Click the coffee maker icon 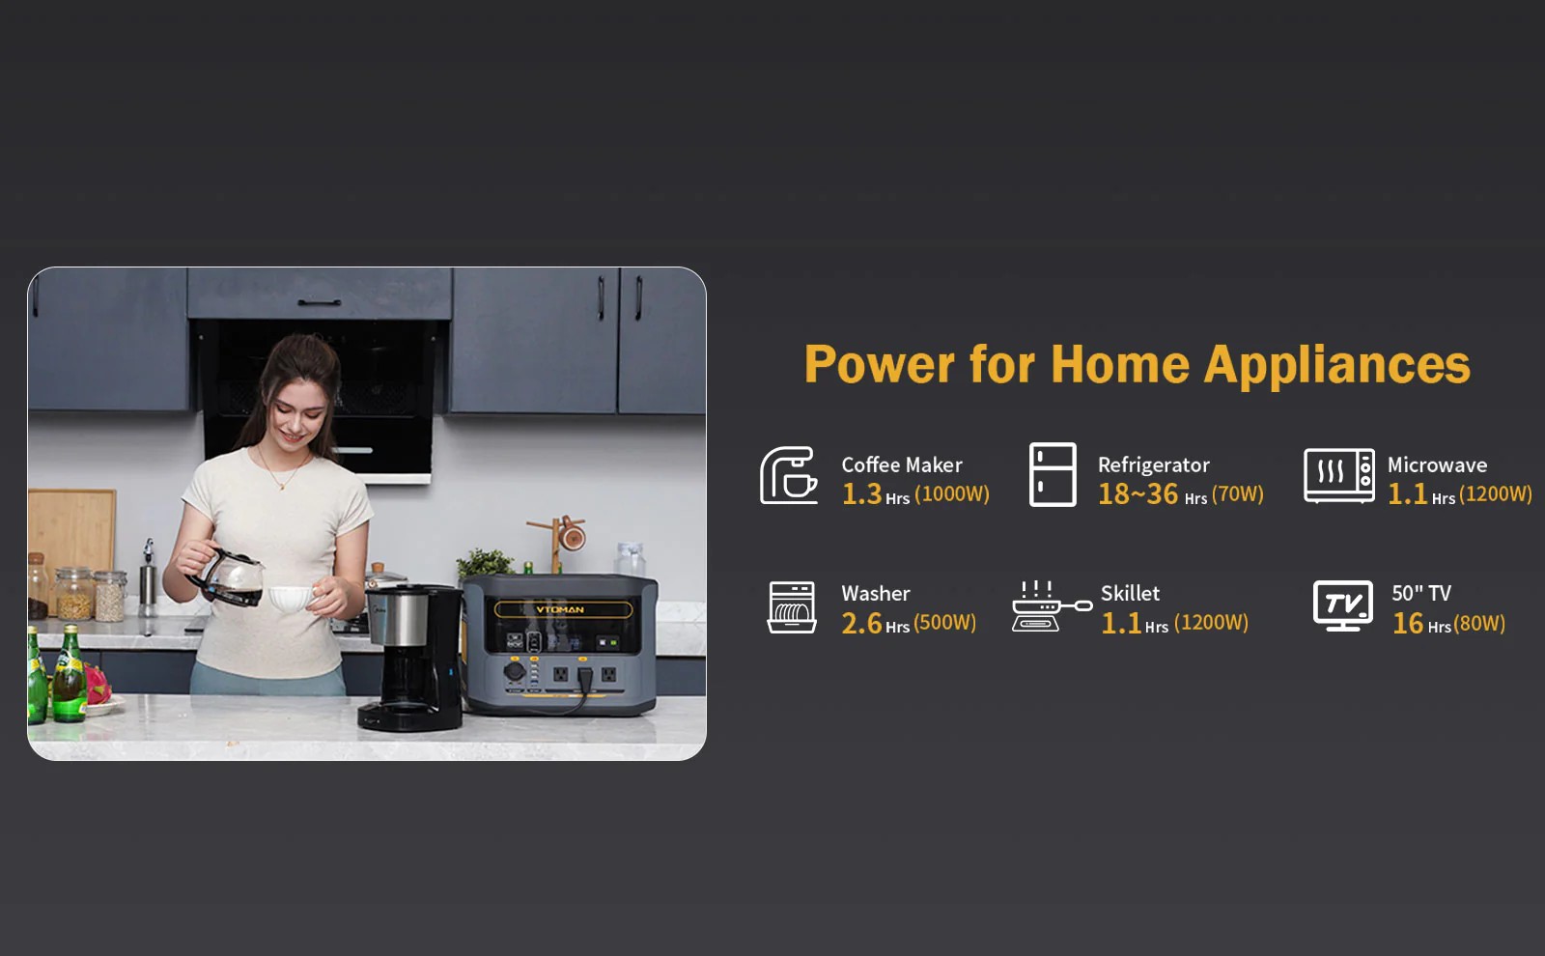tap(788, 475)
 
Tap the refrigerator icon tap(1053, 474)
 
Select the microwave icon tap(1338, 475)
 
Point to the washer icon tap(792, 607)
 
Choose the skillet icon tap(1051, 606)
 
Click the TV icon tap(1343, 605)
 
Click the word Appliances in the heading tap(1336, 365)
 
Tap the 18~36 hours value tap(1138, 493)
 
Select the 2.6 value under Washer tap(861, 624)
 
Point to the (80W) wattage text tap(1479, 624)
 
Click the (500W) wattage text tap(945, 622)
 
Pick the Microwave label tap(1438, 464)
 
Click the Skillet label tap(1130, 593)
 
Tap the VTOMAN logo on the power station tap(560, 609)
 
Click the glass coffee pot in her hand tap(229, 576)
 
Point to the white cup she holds tap(293, 598)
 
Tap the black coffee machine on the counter tap(412, 657)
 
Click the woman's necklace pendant tap(281, 487)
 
